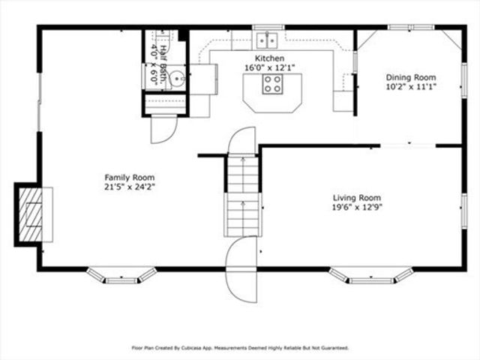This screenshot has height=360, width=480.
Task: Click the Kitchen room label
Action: point(269,58)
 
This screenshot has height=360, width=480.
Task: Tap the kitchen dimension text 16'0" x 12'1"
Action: point(269,67)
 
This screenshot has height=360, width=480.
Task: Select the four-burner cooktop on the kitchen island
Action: point(272,85)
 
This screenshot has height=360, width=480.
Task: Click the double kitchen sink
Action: point(267,40)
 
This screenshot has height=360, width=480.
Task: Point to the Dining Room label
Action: point(410,77)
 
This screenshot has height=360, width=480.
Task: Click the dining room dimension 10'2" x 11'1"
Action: point(410,87)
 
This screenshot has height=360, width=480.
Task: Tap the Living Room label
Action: point(357,197)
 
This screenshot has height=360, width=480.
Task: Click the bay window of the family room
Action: point(121,275)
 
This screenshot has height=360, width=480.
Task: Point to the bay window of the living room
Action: point(372,275)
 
